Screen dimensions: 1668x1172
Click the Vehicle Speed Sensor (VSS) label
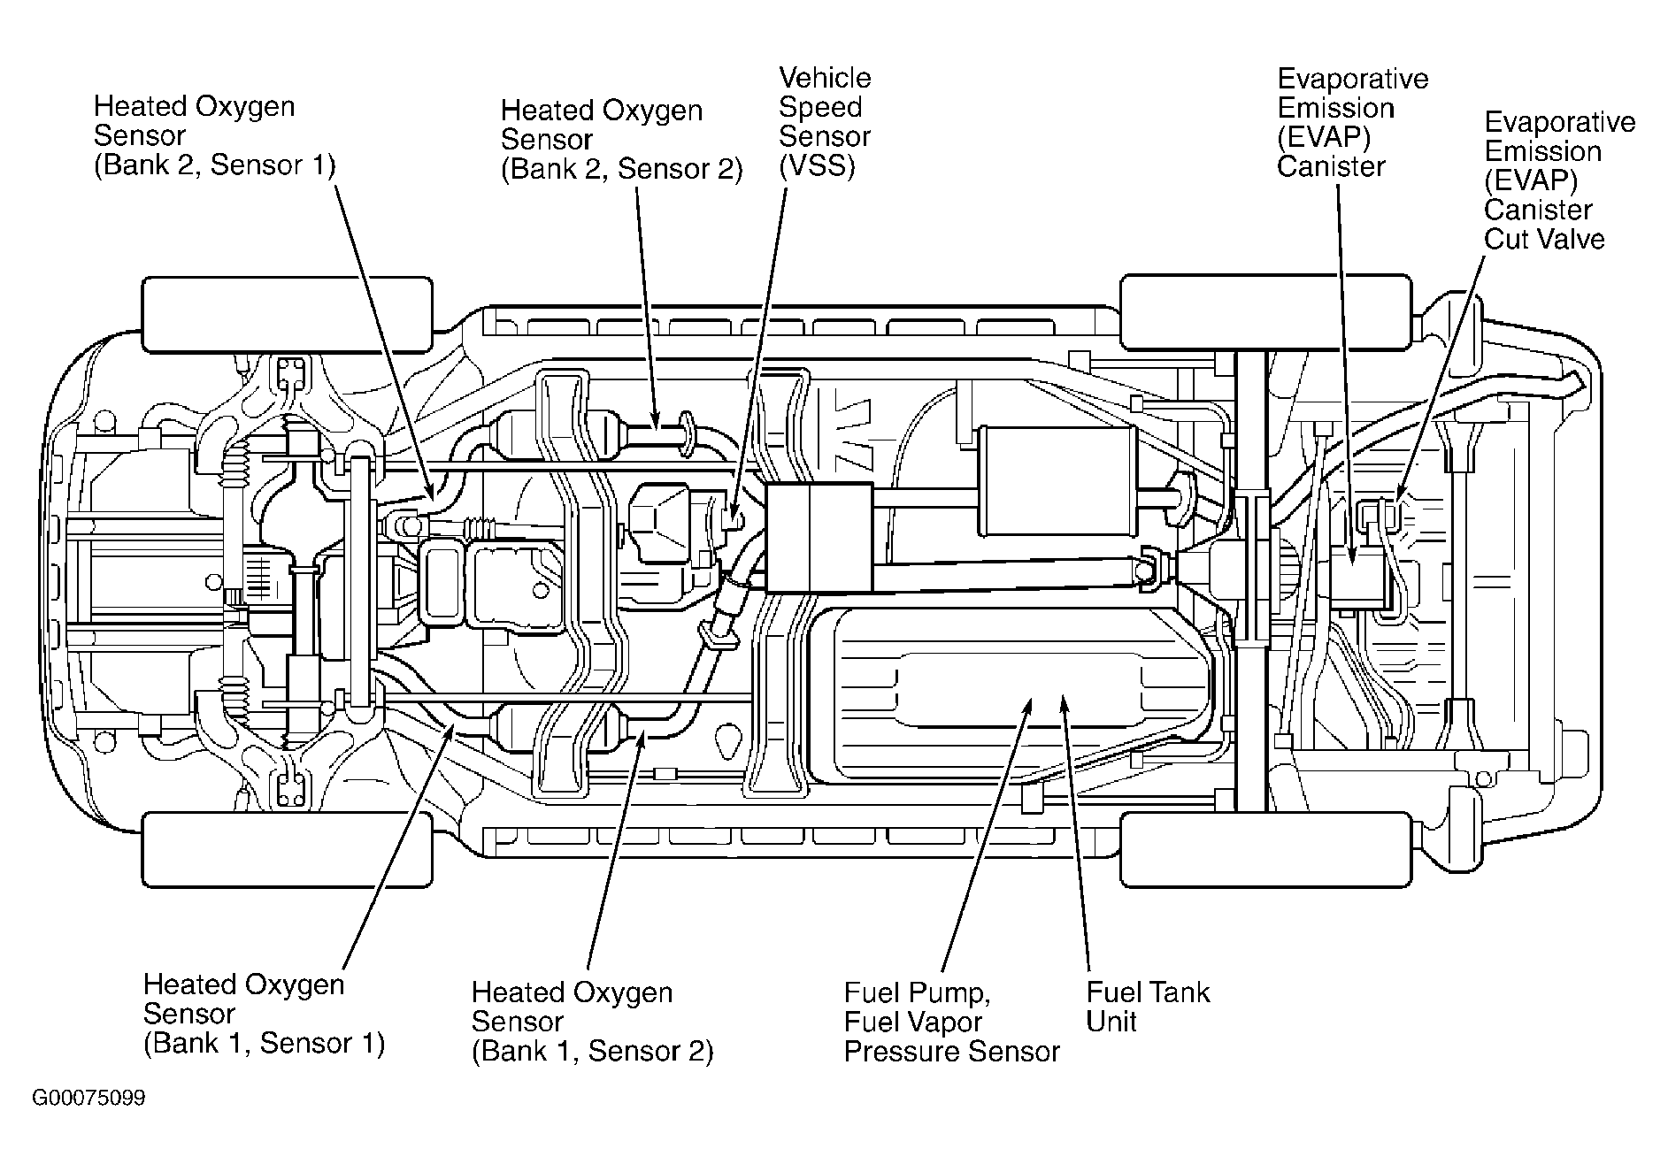825,122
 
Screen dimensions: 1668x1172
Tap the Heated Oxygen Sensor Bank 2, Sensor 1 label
215,135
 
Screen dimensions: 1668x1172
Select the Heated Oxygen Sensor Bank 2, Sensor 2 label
622,140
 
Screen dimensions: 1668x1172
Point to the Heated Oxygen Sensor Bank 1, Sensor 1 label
264,1014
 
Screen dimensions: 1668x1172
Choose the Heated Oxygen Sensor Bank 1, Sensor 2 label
592,1022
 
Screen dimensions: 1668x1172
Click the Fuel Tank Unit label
1148,1007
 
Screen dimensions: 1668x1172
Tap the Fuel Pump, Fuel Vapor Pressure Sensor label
951,1022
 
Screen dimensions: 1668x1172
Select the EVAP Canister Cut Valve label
1559,180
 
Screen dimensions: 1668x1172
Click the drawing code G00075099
89,1099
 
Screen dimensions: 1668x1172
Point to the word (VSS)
817,166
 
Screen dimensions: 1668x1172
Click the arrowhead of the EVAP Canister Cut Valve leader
1395,498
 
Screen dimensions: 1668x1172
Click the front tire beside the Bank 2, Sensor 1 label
288,316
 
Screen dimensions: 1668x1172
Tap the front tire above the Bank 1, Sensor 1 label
288,849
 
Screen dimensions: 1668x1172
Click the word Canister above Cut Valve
1538,210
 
